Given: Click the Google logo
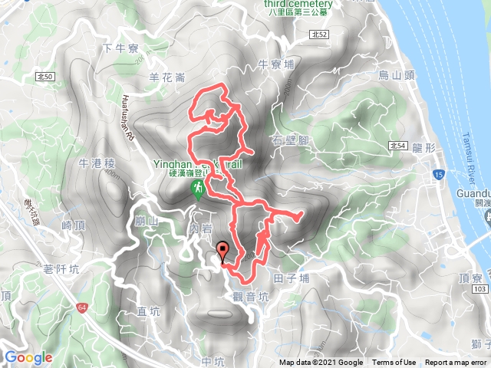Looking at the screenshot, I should pyautogui.click(x=28, y=357).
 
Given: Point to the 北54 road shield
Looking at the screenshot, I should pyautogui.click(x=397, y=144).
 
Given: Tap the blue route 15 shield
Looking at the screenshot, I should pyautogui.click(x=438, y=176).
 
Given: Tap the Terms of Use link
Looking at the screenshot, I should pyautogui.click(x=394, y=363).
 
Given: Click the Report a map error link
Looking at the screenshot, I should pyautogui.click(x=456, y=363).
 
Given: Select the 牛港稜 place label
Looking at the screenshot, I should pyautogui.click(x=97, y=163).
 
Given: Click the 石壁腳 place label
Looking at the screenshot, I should pyautogui.click(x=290, y=140).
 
